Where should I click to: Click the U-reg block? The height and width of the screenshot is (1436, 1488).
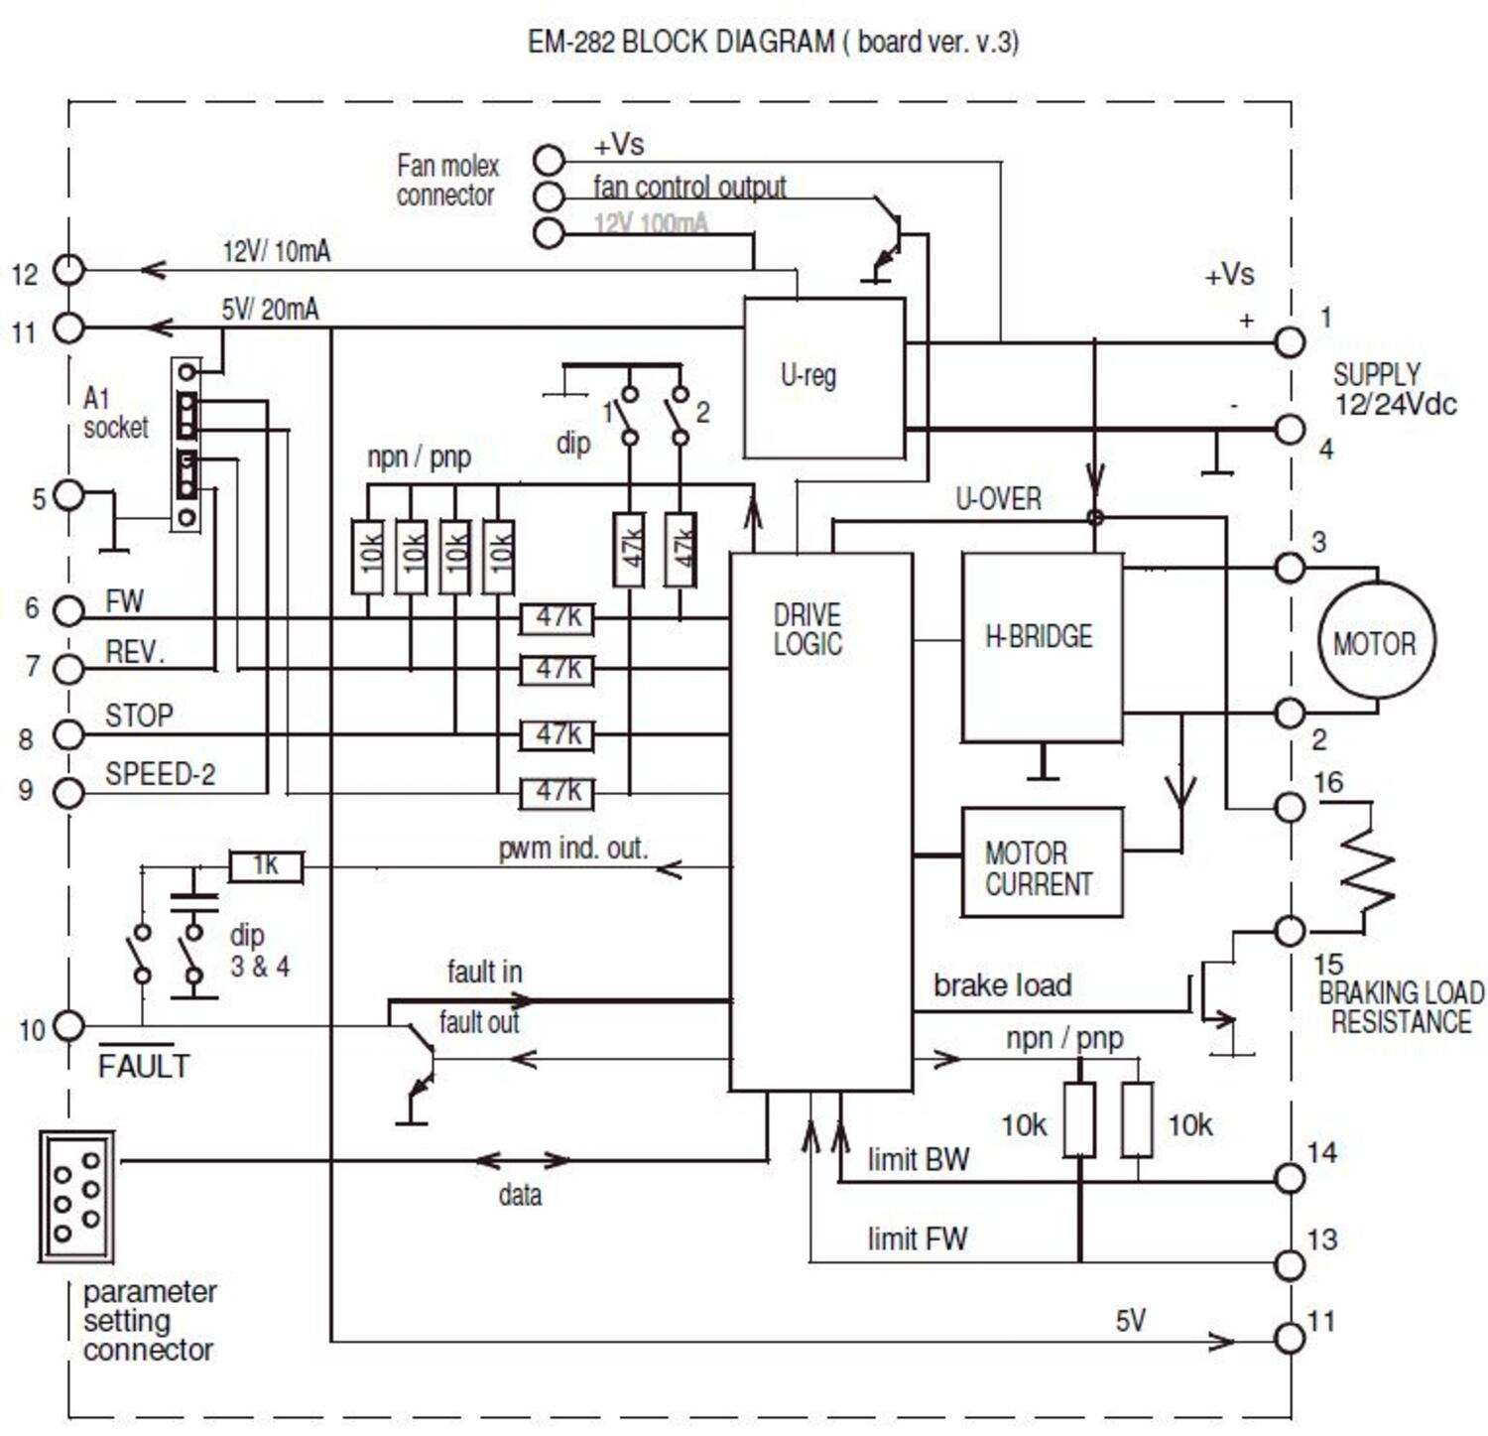pos(823,378)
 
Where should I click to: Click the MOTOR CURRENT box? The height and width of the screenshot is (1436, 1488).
pos(1042,861)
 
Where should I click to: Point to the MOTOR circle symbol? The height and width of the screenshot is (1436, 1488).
pos(1374,641)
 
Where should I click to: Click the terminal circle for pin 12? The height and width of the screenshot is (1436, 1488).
pos(68,269)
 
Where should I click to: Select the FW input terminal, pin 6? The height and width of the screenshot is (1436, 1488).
pos(68,610)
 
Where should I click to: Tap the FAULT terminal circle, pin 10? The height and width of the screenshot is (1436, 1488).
pos(68,1025)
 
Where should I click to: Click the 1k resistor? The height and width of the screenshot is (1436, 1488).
pos(266,866)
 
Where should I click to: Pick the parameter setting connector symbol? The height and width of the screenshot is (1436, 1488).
pos(76,1196)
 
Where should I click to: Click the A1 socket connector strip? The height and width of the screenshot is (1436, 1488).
pos(186,445)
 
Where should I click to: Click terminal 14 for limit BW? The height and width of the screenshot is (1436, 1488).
pos(1289,1178)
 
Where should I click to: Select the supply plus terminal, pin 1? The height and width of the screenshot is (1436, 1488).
pos(1289,342)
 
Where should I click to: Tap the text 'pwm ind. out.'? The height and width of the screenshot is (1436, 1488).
pos(572,849)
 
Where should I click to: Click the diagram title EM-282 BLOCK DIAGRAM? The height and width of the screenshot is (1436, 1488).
pos(773,42)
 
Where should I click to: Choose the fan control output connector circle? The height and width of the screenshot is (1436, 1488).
pos(549,196)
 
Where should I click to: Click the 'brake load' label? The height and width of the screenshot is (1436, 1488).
pos(1002,985)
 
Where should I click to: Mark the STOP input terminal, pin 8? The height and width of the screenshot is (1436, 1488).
pos(68,734)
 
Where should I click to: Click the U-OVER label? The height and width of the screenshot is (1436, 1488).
pos(998,499)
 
